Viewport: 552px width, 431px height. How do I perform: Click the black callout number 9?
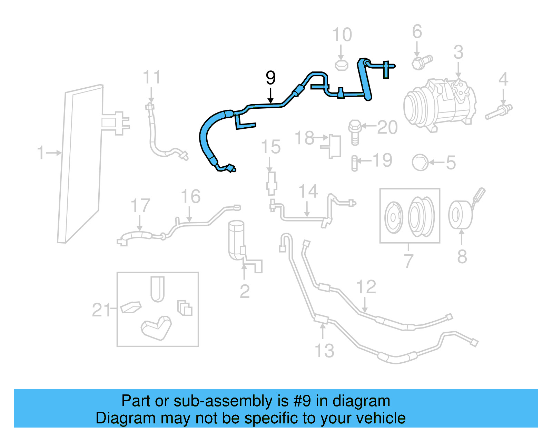(271, 78)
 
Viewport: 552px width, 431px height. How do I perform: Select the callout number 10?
(342, 35)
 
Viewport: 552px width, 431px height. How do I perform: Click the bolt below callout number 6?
(422, 62)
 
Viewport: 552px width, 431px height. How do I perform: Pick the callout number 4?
(503, 79)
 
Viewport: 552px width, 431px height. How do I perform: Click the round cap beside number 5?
(420, 162)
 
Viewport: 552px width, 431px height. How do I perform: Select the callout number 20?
(387, 127)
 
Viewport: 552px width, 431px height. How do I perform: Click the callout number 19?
(383, 160)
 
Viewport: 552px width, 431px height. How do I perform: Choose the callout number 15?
(271, 147)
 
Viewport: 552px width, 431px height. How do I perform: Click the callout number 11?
(152, 77)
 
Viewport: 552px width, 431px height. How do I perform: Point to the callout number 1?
(41, 153)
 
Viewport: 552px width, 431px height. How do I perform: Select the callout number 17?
(140, 206)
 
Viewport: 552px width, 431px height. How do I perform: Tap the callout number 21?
(101, 310)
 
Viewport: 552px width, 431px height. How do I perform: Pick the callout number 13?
(325, 351)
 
